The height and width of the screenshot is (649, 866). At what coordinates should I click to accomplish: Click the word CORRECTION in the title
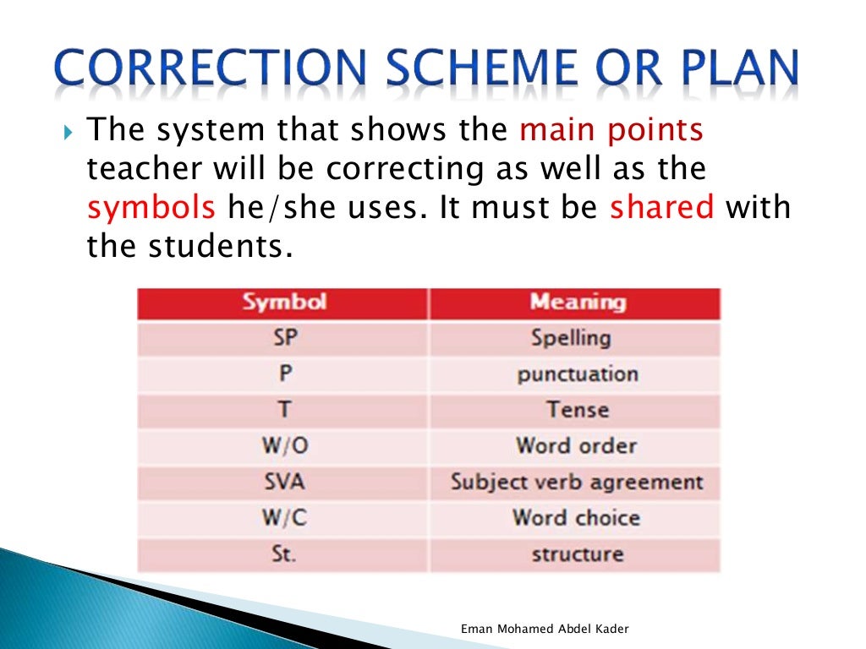pos(206,70)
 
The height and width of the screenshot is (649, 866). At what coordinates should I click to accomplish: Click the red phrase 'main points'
pos(611,130)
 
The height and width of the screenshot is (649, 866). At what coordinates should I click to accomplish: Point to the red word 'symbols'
pos(151,208)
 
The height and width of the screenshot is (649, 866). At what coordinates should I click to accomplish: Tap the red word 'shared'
pos(661,208)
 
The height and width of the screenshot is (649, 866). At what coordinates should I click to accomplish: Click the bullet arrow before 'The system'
pos(69,133)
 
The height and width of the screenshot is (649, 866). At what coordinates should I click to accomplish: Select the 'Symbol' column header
pos(284,303)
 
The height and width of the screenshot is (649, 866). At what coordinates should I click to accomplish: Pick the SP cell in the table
pos(285,338)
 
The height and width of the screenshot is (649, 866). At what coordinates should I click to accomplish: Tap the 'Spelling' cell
pos(571,338)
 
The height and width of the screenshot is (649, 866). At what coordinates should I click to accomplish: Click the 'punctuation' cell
pos(578,374)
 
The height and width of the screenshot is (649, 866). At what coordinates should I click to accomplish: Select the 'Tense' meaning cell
pos(578,411)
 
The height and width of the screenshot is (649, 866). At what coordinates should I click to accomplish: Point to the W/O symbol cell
pos(285,446)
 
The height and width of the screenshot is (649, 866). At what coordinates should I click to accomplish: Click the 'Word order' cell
pos(576,446)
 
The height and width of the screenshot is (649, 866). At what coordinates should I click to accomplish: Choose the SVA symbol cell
pos(285,483)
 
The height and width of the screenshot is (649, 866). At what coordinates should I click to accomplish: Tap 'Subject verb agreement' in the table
pos(577,483)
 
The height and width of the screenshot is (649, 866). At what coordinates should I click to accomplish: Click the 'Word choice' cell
pos(576,518)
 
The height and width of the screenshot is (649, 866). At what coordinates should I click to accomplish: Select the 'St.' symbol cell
pos(285,555)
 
